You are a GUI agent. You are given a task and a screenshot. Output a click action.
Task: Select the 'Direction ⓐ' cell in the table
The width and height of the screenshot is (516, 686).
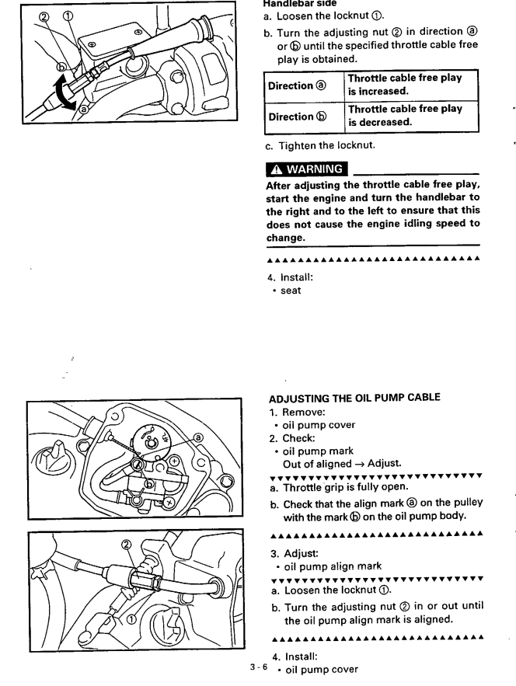296,86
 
